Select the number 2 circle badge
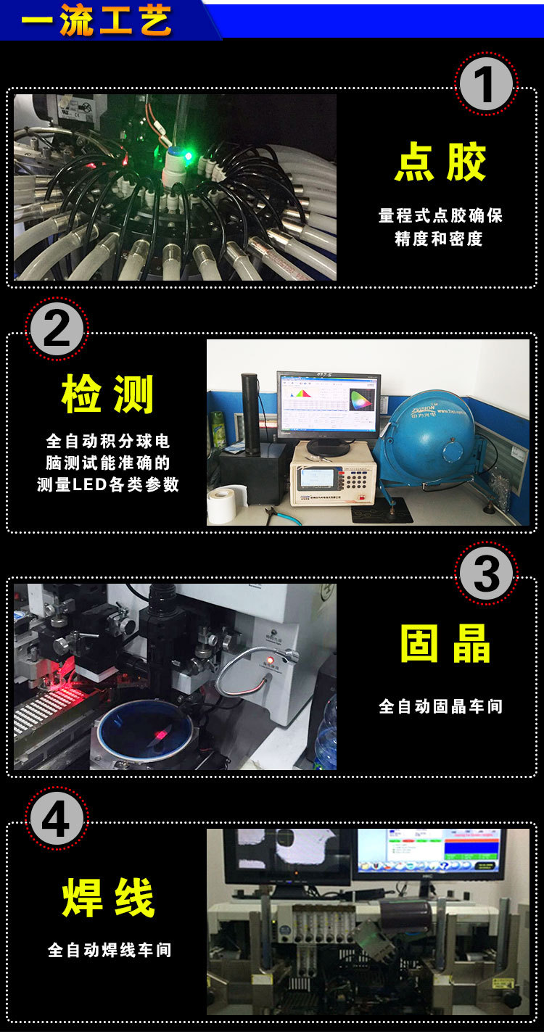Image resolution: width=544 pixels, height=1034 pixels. coord(57,328)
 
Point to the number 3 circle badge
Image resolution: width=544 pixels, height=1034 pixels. coord(485,573)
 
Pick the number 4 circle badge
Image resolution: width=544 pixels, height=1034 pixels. coord(57,818)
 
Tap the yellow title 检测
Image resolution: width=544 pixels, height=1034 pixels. coord(107,395)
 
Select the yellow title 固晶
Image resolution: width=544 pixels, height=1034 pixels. coord(445,643)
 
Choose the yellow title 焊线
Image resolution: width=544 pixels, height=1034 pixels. coord(108,898)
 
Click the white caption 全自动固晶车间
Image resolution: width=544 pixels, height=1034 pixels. coord(440,706)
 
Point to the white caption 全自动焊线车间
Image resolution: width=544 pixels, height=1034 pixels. coord(110,950)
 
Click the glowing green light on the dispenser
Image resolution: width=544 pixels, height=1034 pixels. coord(188,155)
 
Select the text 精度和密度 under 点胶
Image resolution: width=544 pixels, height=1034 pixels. coord(440,239)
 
